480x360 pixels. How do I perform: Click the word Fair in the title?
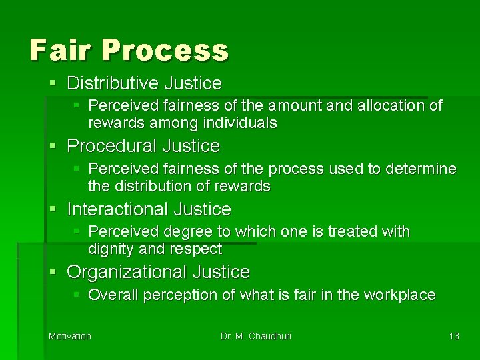tap(53, 49)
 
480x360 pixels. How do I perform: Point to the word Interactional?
tap(117, 209)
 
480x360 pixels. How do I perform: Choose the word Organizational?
tap(127, 272)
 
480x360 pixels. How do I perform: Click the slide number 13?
tap(453, 336)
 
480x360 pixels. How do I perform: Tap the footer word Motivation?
tap(69, 336)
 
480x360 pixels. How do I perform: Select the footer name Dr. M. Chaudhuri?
tap(256, 336)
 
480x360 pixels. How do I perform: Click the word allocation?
tap(392, 105)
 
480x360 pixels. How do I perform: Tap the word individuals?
tap(243, 123)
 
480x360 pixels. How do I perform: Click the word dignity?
tap(109, 249)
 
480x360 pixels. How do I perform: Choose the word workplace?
tap(403, 295)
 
